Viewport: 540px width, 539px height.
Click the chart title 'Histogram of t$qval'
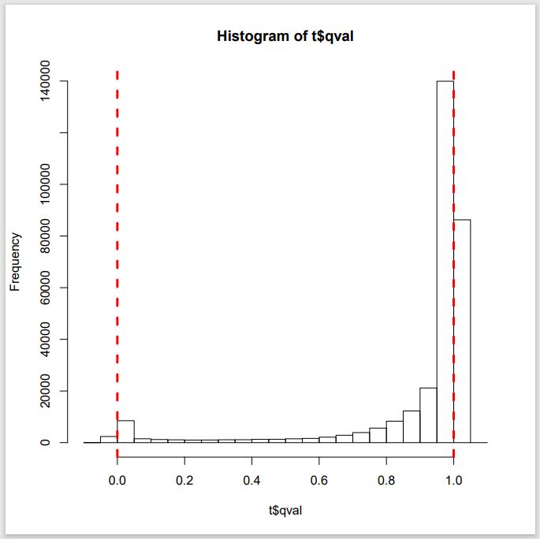[285, 36]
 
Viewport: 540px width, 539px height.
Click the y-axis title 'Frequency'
[14, 262]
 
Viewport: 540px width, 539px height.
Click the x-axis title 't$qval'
[285, 511]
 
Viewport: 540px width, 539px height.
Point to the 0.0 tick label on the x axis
[117, 479]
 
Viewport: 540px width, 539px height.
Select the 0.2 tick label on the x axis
[184, 479]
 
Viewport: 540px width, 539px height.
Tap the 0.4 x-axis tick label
[251, 479]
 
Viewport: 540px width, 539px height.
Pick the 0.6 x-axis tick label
[319, 479]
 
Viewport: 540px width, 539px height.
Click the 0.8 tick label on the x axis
[386, 479]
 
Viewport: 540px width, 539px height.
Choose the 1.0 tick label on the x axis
[453, 479]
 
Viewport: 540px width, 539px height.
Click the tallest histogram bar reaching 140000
[445, 260]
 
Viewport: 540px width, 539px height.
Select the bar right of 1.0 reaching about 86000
[462, 331]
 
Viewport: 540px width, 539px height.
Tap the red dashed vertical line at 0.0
[117, 236]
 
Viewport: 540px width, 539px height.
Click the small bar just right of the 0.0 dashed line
[125, 432]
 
